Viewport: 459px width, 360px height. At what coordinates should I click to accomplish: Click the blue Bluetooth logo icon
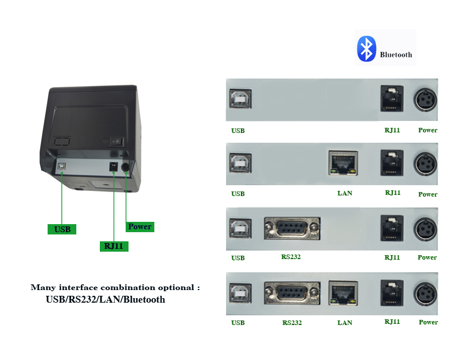[366, 49]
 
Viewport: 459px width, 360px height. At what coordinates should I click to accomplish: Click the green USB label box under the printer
[62, 229]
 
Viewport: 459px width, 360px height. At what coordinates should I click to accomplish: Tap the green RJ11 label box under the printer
[113, 246]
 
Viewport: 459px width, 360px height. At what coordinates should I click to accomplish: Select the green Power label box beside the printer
[139, 226]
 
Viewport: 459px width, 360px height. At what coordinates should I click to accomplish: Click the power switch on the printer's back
[116, 140]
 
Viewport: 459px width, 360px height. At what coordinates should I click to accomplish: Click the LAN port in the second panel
[343, 163]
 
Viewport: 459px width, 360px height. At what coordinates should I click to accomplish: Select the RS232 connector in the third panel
[292, 228]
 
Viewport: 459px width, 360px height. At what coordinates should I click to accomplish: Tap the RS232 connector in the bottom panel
[292, 293]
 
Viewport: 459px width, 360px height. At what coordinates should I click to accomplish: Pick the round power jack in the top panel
[426, 99]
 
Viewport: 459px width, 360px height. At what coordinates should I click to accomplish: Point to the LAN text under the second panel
[345, 193]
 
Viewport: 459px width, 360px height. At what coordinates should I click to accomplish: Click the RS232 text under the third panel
[291, 257]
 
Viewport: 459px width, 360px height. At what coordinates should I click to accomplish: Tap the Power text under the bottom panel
[428, 322]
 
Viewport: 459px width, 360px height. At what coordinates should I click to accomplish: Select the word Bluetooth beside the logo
[396, 55]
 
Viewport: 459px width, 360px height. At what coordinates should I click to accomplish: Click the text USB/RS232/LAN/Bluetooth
[106, 299]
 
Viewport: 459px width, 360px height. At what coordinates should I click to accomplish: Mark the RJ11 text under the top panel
[392, 130]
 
